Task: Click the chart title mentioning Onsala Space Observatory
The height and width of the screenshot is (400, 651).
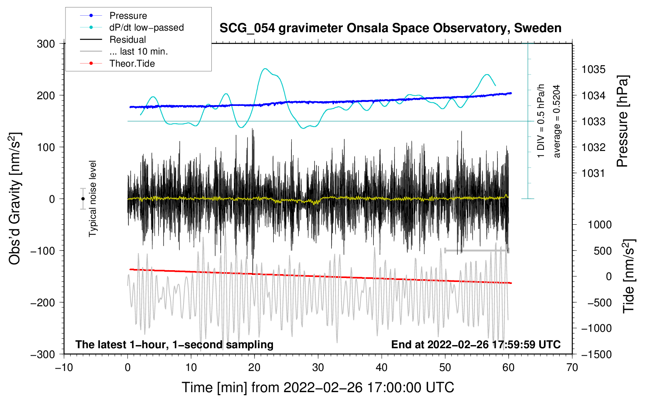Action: click(x=390, y=28)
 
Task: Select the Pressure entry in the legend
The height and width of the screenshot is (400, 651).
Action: click(x=128, y=16)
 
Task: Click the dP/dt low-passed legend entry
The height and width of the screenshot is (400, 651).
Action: click(x=146, y=27)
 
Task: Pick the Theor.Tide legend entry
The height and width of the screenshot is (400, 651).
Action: click(x=132, y=64)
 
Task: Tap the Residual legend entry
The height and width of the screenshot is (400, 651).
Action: click(x=127, y=40)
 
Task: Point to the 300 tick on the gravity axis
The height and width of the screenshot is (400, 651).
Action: click(x=46, y=44)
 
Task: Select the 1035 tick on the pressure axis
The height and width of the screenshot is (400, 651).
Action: click(x=593, y=69)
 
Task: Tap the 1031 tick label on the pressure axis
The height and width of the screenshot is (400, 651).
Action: click(x=593, y=173)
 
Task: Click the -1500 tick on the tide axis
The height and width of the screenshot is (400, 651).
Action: click(x=596, y=354)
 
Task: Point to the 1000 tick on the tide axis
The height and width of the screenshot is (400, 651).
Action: click(x=600, y=225)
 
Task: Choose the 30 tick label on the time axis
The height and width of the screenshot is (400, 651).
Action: click(x=318, y=367)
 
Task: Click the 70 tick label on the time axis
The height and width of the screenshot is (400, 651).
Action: click(x=572, y=367)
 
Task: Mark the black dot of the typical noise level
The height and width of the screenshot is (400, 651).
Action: click(x=83, y=199)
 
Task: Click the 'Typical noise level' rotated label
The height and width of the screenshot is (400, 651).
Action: click(x=93, y=198)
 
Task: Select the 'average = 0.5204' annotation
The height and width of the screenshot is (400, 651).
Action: click(x=557, y=121)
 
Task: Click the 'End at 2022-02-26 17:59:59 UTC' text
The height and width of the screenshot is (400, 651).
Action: click(x=476, y=344)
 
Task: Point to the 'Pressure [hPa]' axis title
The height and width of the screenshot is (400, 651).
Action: click(x=622, y=121)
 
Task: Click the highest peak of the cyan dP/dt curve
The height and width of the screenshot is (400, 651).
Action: click(x=265, y=69)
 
